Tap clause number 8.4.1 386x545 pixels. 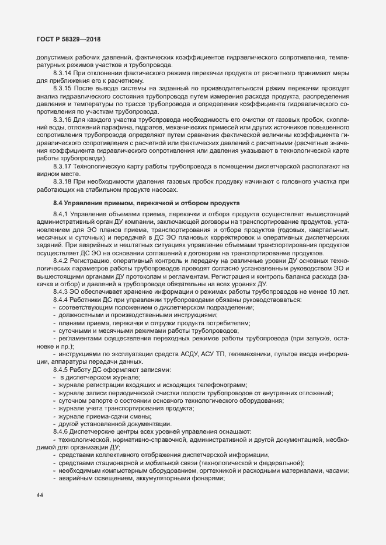(x=61, y=216)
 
